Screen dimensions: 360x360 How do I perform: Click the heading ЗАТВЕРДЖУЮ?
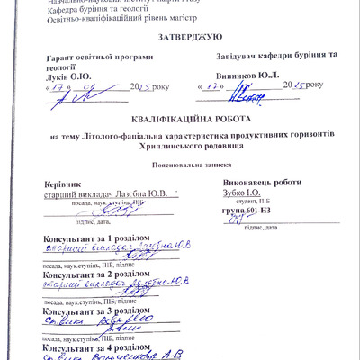(x=179, y=37)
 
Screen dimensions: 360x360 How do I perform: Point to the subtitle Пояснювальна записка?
(x=179, y=165)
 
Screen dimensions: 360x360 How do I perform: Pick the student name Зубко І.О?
(x=244, y=193)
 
